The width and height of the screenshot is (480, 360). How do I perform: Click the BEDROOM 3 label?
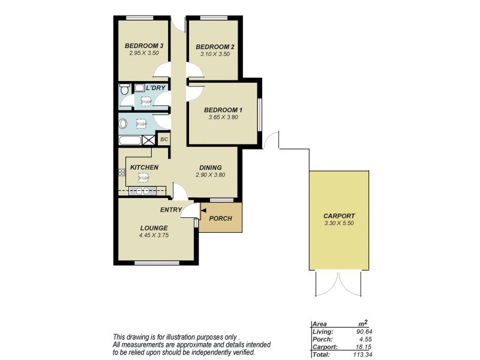pos(145,46)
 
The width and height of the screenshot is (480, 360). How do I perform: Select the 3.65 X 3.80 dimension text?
pos(223,118)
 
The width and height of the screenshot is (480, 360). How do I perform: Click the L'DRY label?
pos(155,88)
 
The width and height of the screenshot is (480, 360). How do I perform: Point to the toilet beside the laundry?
pos(124,89)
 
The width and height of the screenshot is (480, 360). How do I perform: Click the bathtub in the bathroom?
pos(130,140)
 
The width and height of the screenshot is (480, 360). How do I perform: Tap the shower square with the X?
pos(148,140)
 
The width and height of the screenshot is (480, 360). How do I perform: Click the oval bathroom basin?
pos(124,125)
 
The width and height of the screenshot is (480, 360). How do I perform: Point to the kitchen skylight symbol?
pos(143,178)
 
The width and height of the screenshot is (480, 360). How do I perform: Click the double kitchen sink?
pos(143,191)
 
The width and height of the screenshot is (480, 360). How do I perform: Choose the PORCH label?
pos(220,218)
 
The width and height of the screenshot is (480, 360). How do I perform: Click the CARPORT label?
pos(339,216)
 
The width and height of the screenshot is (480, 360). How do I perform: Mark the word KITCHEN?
pos(145,167)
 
